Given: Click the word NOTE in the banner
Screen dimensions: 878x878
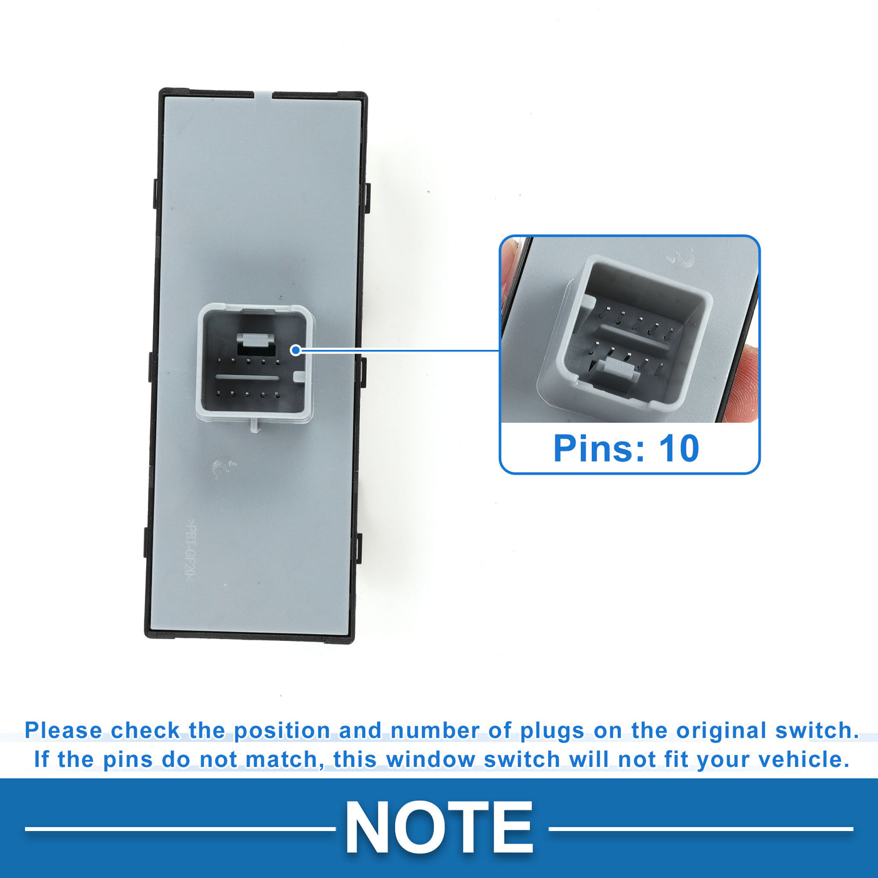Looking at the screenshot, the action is tap(439, 827).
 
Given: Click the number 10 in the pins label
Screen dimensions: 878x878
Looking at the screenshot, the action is tap(679, 448).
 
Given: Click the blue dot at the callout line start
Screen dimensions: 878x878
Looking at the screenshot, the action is tap(296, 350).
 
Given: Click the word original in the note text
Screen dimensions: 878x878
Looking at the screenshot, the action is tap(721, 731).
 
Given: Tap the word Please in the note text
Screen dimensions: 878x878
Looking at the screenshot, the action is tap(63, 731).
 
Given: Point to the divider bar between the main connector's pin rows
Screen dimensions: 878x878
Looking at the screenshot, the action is tap(247, 378).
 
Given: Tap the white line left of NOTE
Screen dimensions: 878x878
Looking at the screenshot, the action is tap(180, 829).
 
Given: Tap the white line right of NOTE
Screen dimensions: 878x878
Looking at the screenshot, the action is tap(701, 829).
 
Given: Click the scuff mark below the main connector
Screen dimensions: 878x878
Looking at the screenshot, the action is tap(223, 466).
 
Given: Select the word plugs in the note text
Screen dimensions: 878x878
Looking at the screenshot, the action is tap(553, 731).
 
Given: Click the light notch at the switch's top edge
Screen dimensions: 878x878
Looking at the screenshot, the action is tap(262, 95).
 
